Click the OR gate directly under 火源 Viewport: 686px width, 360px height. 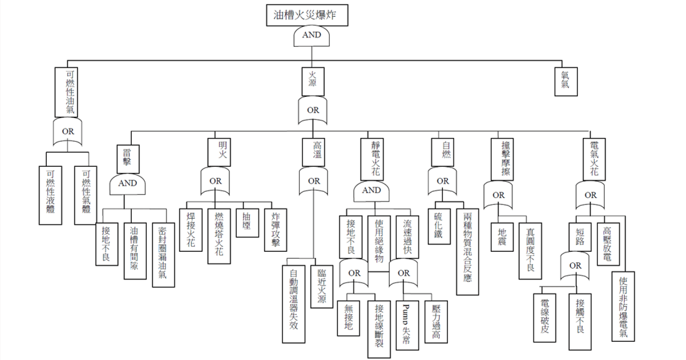(x=313, y=111)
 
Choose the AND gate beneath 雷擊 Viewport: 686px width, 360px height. (x=127, y=184)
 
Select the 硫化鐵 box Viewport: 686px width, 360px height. (x=440, y=229)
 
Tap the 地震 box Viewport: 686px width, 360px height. (x=502, y=236)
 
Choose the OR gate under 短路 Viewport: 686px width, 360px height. (x=575, y=266)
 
